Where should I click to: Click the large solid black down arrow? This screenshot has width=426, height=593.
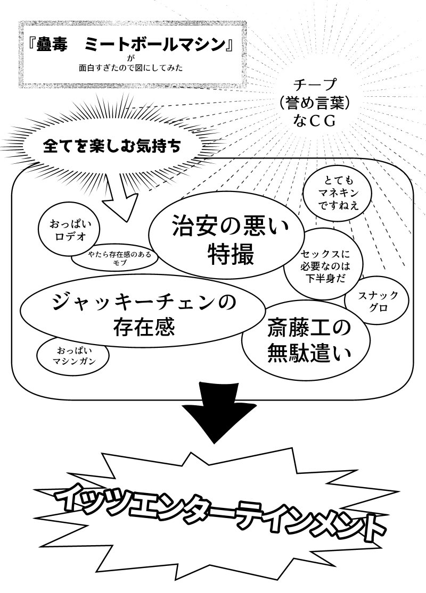pos(213,413)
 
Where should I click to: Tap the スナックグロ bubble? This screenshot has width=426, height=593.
pos(376,302)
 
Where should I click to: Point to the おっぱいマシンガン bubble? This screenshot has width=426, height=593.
pos(72,357)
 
